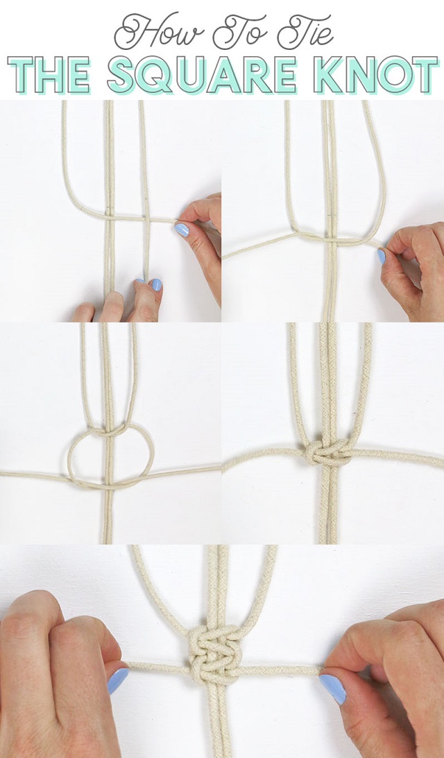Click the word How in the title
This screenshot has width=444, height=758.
(x=160, y=32)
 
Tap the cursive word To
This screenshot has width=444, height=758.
(x=239, y=32)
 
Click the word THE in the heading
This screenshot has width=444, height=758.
(x=49, y=75)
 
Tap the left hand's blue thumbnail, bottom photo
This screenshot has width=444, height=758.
(x=117, y=680)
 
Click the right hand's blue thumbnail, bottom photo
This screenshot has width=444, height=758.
(x=332, y=688)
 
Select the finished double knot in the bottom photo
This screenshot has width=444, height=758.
(x=215, y=653)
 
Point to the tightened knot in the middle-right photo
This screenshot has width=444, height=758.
(x=330, y=452)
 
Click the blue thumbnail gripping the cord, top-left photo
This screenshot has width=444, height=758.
(x=182, y=229)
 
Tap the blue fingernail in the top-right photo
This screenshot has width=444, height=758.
(x=382, y=256)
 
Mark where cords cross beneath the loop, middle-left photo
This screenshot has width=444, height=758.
(x=106, y=483)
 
